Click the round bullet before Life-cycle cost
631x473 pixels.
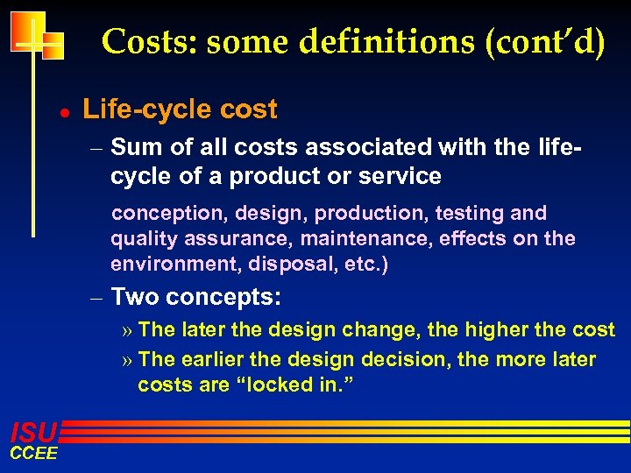pyautogui.click(x=53, y=112)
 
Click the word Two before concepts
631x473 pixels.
pyautogui.click(x=136, y=297)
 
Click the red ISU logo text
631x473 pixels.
pyautogui.click(x=33, y=431)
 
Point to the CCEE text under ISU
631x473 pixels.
pyautogui.click(x=33, y=453)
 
